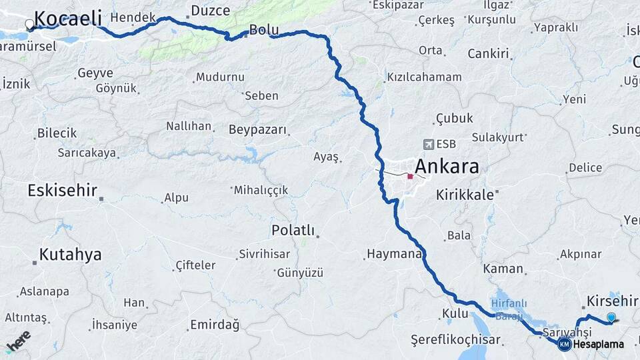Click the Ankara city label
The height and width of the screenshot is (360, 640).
click(x=447, y=166)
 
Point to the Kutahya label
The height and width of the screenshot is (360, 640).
click(x=70, y=254)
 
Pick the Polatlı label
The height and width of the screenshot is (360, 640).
click(x=293, y=230)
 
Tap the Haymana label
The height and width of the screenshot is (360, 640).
click(x=393, y=254)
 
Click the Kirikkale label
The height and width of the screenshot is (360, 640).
click(x=465, y=195)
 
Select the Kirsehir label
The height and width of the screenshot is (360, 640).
click(x=613, y=301)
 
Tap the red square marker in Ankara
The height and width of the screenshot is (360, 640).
click(x=410, y=177)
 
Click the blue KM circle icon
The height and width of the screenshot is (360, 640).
click(x=565, y=345)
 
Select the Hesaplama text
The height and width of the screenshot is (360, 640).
click(x=598, y=345)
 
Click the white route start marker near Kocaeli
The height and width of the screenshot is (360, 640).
click(x=29, y=25)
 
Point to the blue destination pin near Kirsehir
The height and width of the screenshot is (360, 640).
click(x=611, y=317)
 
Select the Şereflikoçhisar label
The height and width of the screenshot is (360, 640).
click(x=455, y=337)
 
